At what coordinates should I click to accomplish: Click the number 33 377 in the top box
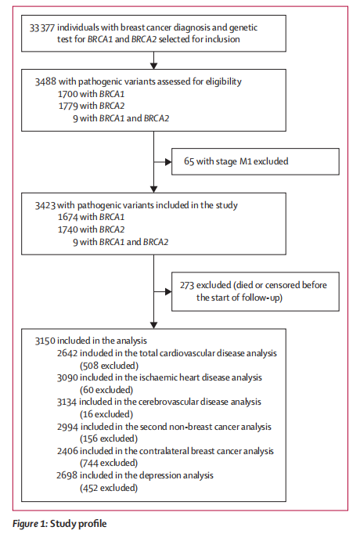41,28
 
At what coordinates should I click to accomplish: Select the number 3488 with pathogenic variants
45,81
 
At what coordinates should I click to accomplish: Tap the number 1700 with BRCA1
68,94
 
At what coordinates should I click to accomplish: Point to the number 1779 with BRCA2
68,106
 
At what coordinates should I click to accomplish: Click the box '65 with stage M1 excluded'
255,161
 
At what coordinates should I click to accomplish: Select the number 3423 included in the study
45,205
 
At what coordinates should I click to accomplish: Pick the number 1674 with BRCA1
68,217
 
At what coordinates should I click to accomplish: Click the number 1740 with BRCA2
68,229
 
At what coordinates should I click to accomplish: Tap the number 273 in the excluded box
187,285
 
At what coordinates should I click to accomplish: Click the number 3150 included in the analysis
45,341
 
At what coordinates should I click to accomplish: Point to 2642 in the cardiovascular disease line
67,353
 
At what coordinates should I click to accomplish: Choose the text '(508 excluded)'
110,366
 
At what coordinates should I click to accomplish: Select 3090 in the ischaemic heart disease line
67,377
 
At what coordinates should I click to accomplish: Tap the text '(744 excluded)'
109,464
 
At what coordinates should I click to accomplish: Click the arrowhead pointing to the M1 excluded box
168,162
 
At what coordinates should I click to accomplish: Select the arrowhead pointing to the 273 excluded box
168,291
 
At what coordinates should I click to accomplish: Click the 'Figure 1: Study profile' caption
59,524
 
